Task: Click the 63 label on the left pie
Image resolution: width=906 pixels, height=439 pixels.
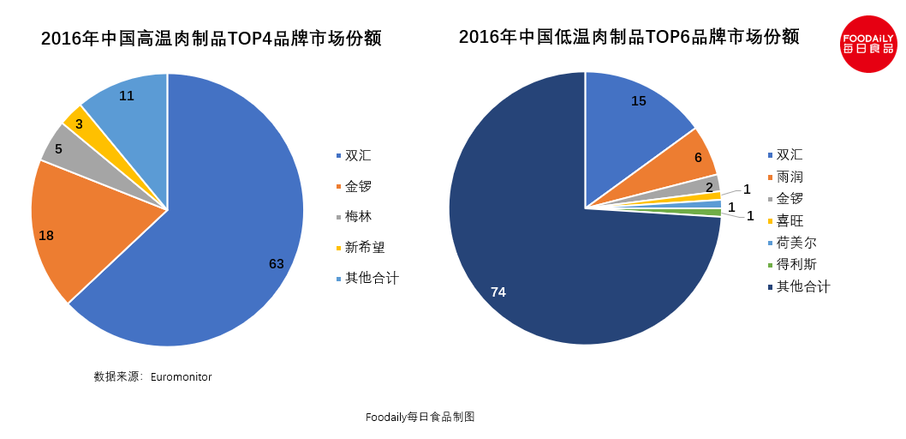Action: pos(276,264)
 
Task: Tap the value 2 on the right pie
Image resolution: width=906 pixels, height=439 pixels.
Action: pos(709,187)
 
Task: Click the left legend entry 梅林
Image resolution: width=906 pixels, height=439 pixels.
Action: pos(358,217)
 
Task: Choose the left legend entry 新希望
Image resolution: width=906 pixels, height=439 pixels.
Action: pos(364,248)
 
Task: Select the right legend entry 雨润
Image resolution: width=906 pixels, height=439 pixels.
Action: pos(790,177)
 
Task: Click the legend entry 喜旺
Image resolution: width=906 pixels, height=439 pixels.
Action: pos(790,220)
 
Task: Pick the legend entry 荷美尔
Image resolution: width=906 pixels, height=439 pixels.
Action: pos(796,243)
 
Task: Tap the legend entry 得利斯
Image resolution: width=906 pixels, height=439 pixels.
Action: pos(796,264)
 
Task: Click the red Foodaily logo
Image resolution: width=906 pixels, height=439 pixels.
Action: pos(868,44)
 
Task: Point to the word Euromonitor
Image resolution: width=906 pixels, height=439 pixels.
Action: pos(181,377)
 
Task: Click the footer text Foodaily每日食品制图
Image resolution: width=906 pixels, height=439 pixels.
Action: pos(420,418)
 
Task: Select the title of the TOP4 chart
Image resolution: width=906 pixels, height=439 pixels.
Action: pos(211,39)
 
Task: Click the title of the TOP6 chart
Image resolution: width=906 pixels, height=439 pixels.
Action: pos(629,38)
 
